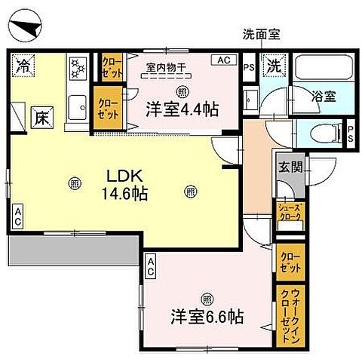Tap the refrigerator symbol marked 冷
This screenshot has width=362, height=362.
pyautogui.click(x=23, y=65)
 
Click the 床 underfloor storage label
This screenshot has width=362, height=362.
pyautogui.click(x=41, y=118)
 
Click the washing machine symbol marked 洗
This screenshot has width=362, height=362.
pyautogui.click(x=274, y=66)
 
